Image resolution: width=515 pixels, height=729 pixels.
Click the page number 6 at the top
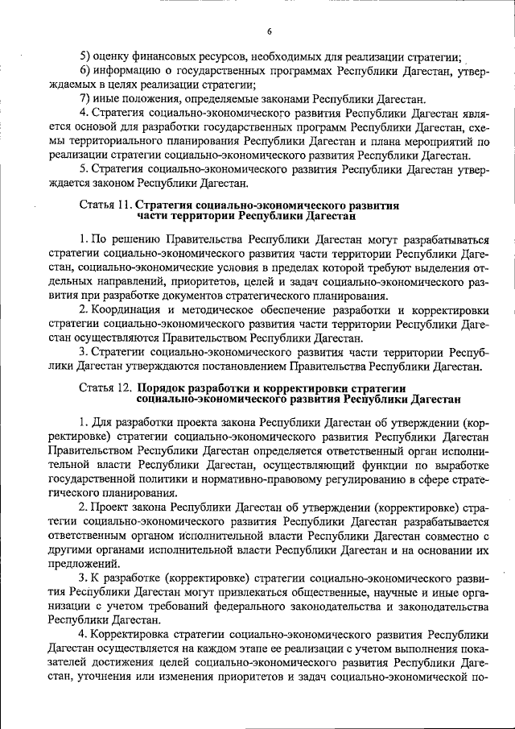click(270, 31)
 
